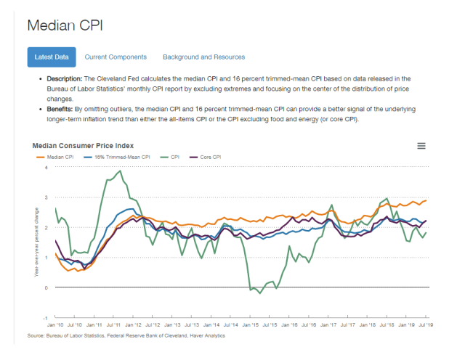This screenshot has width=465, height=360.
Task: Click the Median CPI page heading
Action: tap(65, 25)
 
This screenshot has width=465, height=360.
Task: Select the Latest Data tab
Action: tap(51, 57)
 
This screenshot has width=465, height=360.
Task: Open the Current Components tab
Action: tap(116, 57)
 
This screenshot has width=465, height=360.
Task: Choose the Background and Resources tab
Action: tap(203, 57)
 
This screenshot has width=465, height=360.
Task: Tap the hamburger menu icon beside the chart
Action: tap(421, 146)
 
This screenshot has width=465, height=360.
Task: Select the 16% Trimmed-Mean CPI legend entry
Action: tap(120, 157)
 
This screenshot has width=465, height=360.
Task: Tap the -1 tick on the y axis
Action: tap(45, 318)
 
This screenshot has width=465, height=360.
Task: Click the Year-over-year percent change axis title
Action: tap(34, 242)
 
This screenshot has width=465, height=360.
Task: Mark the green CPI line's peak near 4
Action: tap(120, 171)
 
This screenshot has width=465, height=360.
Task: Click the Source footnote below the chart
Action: tap(126, 336)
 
